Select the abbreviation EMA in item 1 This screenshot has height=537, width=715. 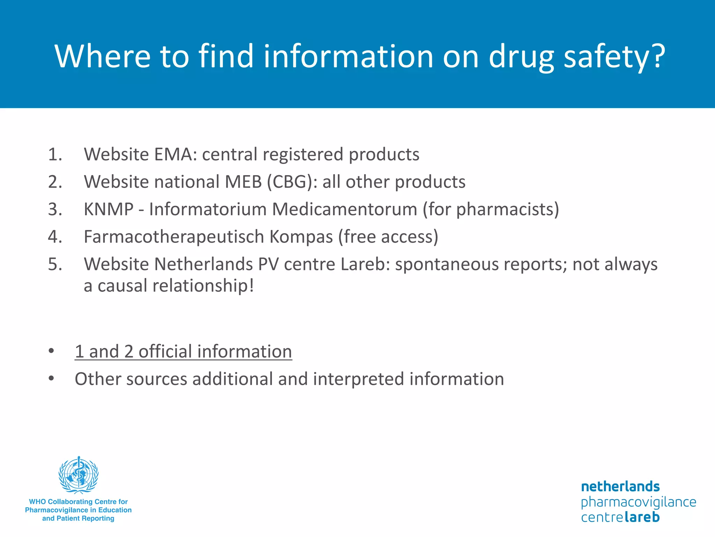(x=173, y=154)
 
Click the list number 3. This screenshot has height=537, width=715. (x=55, y=209)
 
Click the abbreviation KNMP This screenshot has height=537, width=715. (x=109, y=209)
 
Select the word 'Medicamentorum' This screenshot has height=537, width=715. (x=345, y=209)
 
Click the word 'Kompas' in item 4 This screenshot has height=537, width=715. (x=301, y=237)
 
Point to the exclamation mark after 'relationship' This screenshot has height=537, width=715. (x=251, y=286)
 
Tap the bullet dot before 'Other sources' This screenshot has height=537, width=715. (x=51, y=378)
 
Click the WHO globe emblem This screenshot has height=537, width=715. (x=79, y=475)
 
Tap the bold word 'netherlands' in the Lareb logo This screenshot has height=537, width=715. (x=620, y=486)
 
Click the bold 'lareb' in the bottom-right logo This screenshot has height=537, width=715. (x=642, y=517)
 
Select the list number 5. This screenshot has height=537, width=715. (x=55, y=264)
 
